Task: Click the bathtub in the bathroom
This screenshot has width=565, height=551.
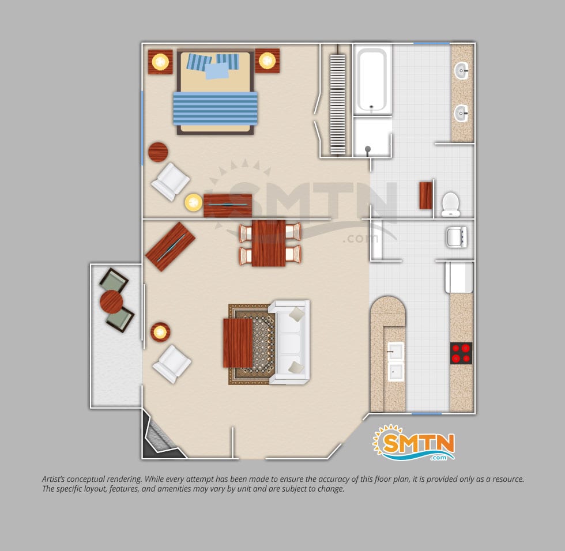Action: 372,80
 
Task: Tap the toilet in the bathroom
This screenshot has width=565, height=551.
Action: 450,204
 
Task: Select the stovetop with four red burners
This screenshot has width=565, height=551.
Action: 461,353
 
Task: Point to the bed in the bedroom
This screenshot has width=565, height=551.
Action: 216,93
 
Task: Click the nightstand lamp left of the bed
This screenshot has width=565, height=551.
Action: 160,62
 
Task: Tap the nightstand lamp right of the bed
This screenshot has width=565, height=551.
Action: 267,61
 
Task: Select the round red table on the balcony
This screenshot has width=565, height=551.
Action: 111,302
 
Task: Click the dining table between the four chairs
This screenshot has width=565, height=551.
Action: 269,243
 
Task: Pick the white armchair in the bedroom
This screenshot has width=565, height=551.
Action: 171,181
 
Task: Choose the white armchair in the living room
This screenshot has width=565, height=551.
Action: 172,364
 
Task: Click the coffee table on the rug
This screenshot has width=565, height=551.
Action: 238,343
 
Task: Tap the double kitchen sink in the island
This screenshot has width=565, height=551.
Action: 395,361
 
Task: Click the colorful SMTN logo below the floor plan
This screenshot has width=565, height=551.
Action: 414,443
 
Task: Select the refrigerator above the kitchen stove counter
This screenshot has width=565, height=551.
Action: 459,277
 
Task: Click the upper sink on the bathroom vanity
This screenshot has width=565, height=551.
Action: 461,70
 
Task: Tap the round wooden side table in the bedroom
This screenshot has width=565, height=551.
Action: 158,152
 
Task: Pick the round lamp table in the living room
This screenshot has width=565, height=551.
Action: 160,332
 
